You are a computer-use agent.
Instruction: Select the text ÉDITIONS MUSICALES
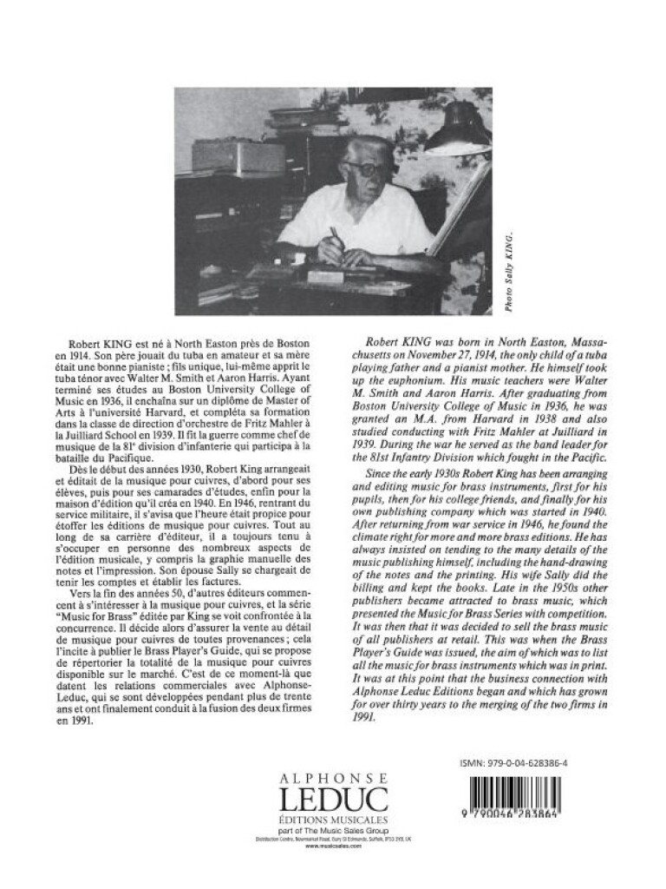click(x=333, y=820)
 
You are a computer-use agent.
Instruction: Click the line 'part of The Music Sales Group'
click(x=333, y=830)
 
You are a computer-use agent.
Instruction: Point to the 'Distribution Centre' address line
click(x=333, y=840)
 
